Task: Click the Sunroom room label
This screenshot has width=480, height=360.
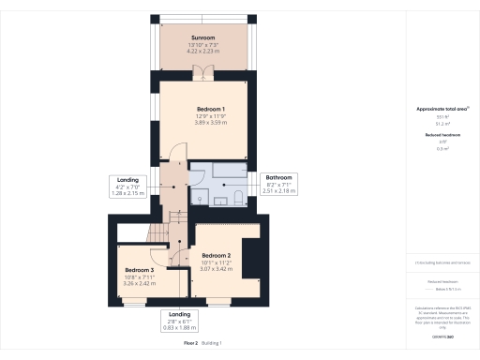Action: pyautogui.click(x=203, y=38)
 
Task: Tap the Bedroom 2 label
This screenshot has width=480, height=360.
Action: pyautogui.click(x=216, y=255)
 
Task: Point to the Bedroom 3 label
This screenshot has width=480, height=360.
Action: pyautogui.click(x=139, y=270)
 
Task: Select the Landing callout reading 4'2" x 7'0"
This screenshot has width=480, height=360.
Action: pyautogui.click(x=128, y=186)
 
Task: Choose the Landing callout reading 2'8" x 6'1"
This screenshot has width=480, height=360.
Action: pyautogui.click(x=177, y=320)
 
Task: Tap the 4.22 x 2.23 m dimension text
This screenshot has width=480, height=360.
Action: pyautogui.click(x=203, y=52)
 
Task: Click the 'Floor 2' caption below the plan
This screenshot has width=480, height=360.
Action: pyautogui.click(x=190, y=344)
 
